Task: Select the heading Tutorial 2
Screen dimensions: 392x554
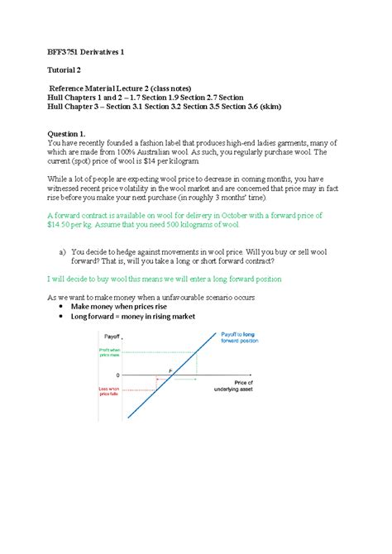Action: point(69,73)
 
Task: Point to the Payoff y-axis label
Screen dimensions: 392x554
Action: point(112,337)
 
